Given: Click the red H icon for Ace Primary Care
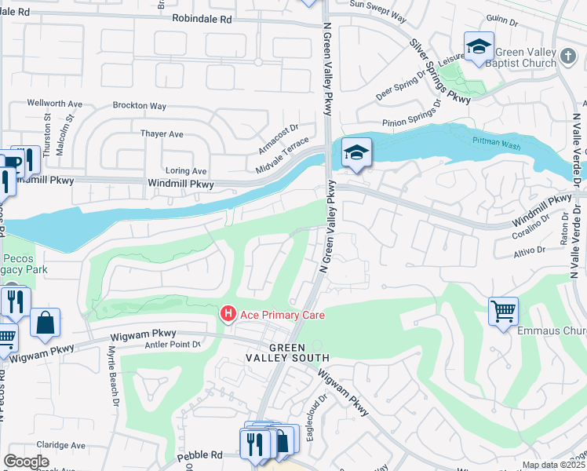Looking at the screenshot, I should [x=228, y=314].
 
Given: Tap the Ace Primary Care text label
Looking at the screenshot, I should [x=283, y=315].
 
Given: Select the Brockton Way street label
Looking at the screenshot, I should [x=140, y=105].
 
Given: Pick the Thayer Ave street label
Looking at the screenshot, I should [x=162, y=134].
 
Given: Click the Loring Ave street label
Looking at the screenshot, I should [x=186, y=170].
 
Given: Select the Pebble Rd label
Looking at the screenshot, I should [x=200, y=455].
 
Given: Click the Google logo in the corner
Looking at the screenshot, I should [x=26, y=462].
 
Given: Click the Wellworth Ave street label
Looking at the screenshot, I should [x=55, y=103].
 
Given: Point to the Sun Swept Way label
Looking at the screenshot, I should [x=377, y=4].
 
